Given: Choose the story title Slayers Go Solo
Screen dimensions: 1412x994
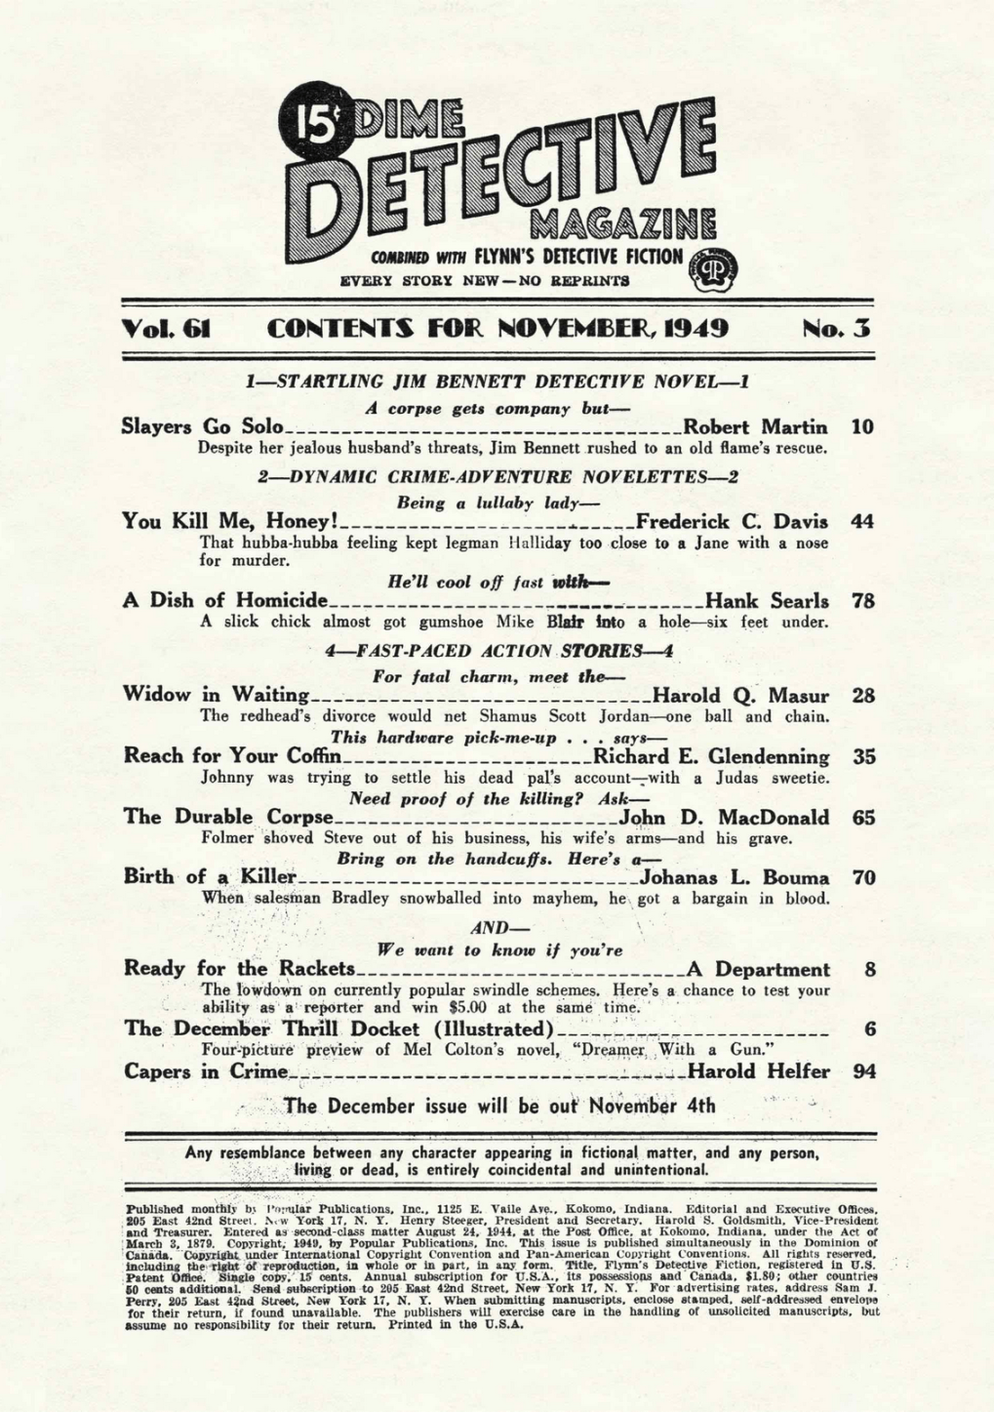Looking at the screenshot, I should pyautogui.click(x=202, y=426).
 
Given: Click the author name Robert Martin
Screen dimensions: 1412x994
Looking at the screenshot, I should pyautogui.click(x=756, y=426).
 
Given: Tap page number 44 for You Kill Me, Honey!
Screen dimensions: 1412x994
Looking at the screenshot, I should pyautogui.click(x=862, y=521).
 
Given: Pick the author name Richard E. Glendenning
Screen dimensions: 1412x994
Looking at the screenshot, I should pyautogui.click(x=711, y=756).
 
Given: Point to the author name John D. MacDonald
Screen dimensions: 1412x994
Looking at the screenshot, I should pyautogui.click(x=726, y=817).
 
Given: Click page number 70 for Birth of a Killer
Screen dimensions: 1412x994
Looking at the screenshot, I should pyautogui.click(x=863, y=877).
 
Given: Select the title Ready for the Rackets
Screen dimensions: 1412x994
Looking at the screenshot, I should pyautogui.click(x=239, y=969).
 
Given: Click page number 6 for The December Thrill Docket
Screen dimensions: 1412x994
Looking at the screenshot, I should pyautogui.click(x=869, y=1029).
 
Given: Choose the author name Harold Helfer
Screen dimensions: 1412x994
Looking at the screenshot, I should pyautogui.click(x=759, y=1071).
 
